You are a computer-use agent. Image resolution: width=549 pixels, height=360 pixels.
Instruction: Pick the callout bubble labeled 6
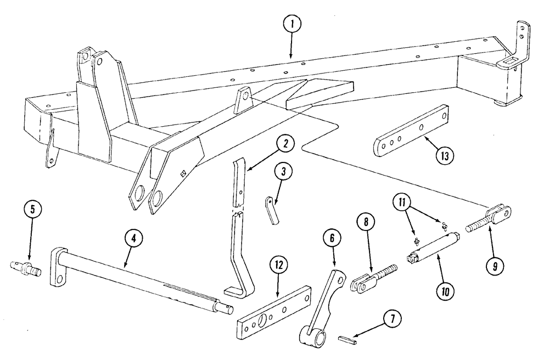336,240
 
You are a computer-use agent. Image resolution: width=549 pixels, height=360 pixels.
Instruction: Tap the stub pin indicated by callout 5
26,268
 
